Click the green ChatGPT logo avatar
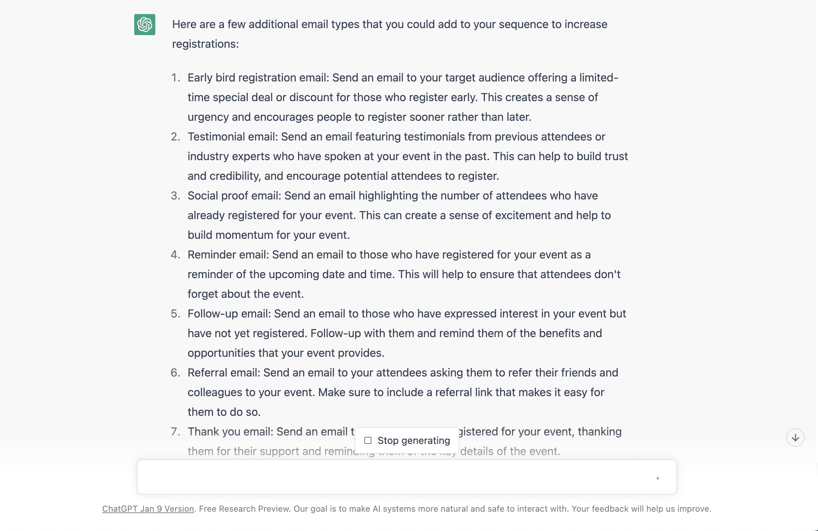tap(144, 25)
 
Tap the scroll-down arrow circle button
tap(795, 438)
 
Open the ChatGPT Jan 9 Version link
tap(148, 509)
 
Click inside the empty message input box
tap(387, 477)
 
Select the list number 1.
tap(175, 78)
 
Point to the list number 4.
tap(175, 255)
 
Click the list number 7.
tap(175, 432)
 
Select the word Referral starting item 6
tap(206, 373)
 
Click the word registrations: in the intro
tap(205, 44)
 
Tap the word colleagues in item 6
tap(216, 392)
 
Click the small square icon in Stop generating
tap(368, 440)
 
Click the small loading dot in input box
tap(657, 478)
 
